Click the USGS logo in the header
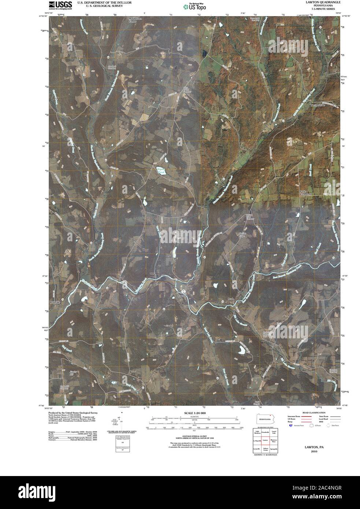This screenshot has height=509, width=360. pyautogui.click(x=58, y=5)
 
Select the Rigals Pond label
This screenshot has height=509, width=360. pyautogui.click(x=161, y=171)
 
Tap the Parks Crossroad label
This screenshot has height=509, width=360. pyautogui.click(x=305, y=193)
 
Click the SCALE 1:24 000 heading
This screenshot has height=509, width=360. pyautogui.click(x=194, y=413)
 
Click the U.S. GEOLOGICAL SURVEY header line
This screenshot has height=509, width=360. pyautogui.click(x=100, y=6)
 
